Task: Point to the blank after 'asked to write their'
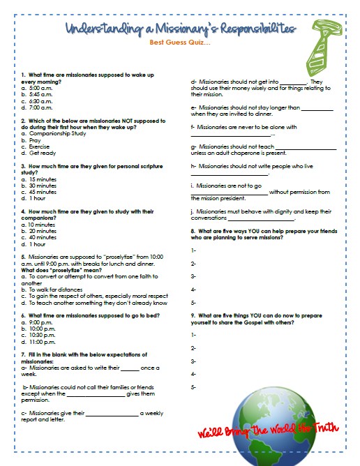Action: pos(130,368)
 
